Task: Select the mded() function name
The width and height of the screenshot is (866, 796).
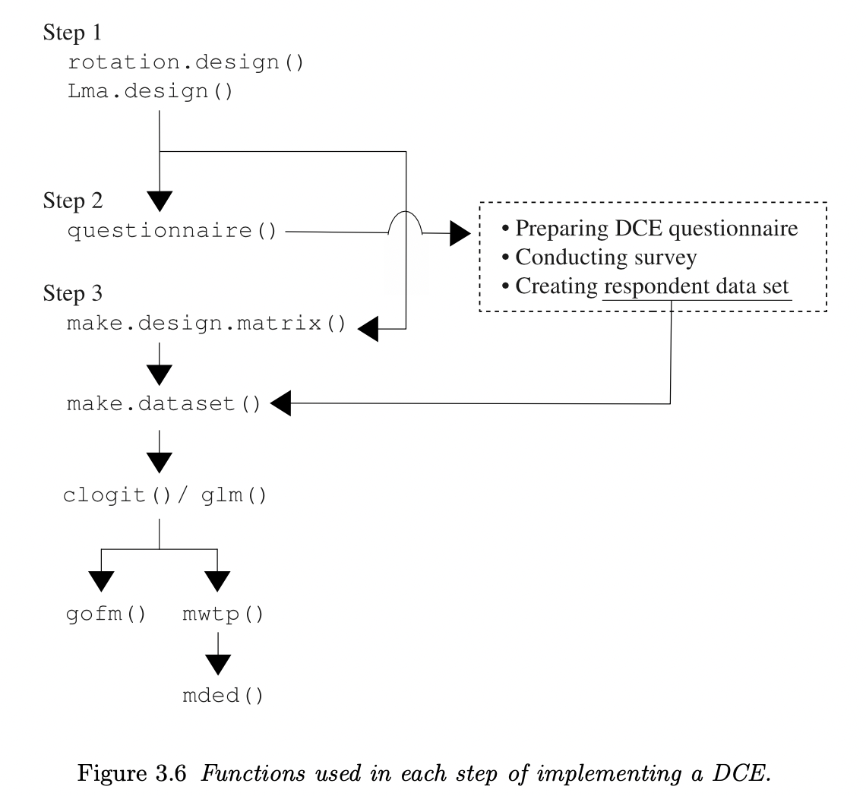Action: point(223,696)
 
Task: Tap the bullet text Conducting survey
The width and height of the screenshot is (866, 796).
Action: point(598,257)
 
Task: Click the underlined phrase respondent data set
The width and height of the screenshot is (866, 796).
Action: point(697,286)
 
